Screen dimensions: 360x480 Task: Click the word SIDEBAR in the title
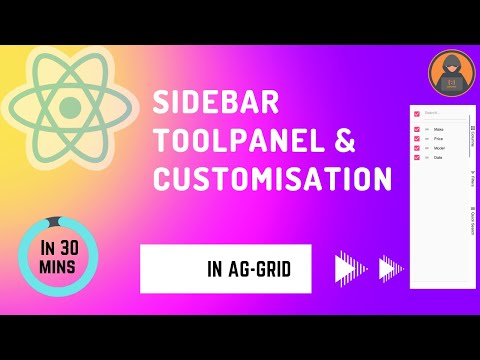(208, 103)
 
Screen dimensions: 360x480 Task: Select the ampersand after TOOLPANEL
(343, 141)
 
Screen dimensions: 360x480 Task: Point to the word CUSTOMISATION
(271, 179)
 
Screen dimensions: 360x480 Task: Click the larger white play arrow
(348, 269)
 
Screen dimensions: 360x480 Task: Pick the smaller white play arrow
(390, 269)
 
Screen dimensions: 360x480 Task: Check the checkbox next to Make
(417, 128)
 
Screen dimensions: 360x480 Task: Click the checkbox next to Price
(417, 138)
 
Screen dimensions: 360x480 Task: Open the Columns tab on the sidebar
(472, 135)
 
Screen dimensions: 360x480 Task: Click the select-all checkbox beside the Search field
(417, 113)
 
